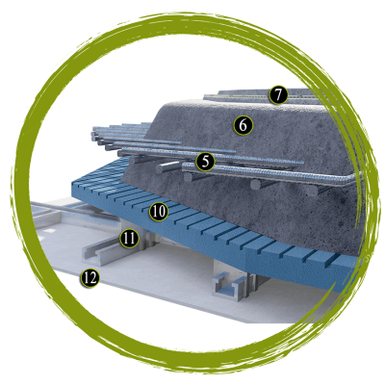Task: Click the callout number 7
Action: pos(278,94)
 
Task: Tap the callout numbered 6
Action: pos(244,125)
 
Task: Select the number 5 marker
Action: pos(205,162)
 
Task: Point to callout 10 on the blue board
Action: pos(159,212)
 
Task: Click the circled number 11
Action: pos(129,239)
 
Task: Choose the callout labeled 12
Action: pos(90,278)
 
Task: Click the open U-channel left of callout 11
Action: pos(98,252)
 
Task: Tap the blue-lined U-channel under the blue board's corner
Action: pos(229,287)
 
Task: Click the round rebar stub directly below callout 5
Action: pos(190,176)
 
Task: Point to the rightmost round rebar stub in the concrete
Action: pos(311,190)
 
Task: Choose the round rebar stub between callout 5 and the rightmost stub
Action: pos(257,184)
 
